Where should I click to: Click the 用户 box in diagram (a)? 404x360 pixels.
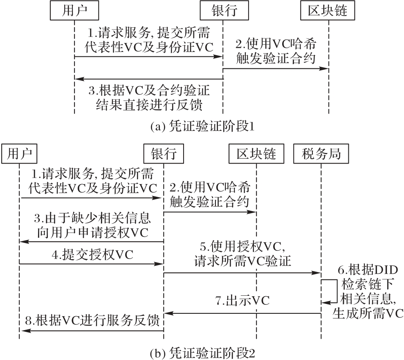click(75, 11)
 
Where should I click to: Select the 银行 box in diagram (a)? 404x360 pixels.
click(223, 11)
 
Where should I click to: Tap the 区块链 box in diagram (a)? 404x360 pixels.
click(329, 11)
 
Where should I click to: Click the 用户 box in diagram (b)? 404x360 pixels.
click(19, 154)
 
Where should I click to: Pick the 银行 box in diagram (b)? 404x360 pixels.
click(164, 154)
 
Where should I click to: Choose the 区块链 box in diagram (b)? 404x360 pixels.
click(256, 154)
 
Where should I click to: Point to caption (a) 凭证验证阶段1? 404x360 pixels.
click(202, 127)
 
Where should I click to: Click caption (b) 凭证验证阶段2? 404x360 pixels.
click(202, 352)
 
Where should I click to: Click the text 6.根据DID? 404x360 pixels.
click(367, 270)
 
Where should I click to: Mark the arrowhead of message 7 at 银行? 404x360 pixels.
click(168, 313)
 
